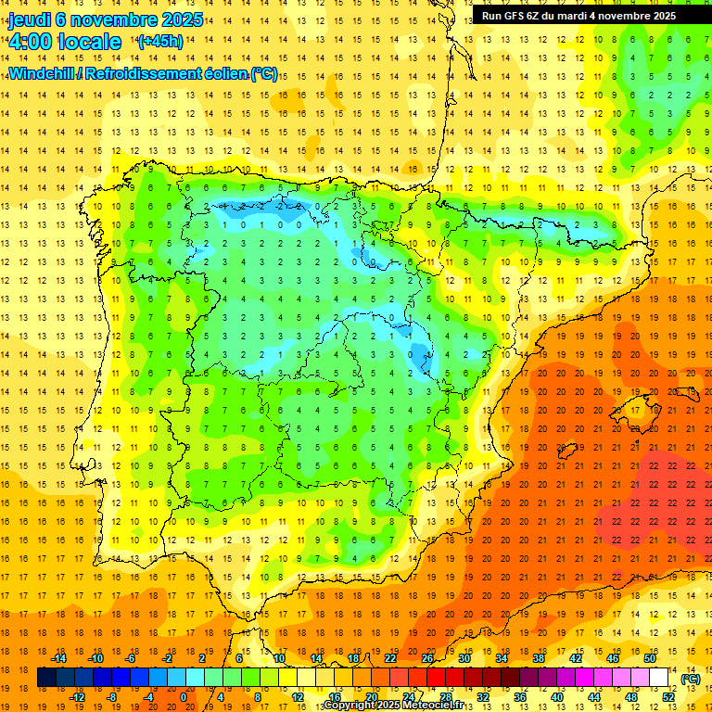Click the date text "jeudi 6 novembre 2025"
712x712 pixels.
point(106,19)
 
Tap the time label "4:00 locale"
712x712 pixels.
point(65,42)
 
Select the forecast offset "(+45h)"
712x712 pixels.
point(159,42)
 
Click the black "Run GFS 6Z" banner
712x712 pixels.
point(578,16)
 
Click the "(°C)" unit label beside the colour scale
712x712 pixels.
point(690,679)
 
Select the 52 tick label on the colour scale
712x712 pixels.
point(668,697)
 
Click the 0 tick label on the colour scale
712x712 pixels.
point(184,697)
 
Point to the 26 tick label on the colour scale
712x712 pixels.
point(427,658)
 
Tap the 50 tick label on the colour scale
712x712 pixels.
point(650,658)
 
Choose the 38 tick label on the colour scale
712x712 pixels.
point(539,658)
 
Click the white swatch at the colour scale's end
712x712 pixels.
point(659,678)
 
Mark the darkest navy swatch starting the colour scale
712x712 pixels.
point(46,678)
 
